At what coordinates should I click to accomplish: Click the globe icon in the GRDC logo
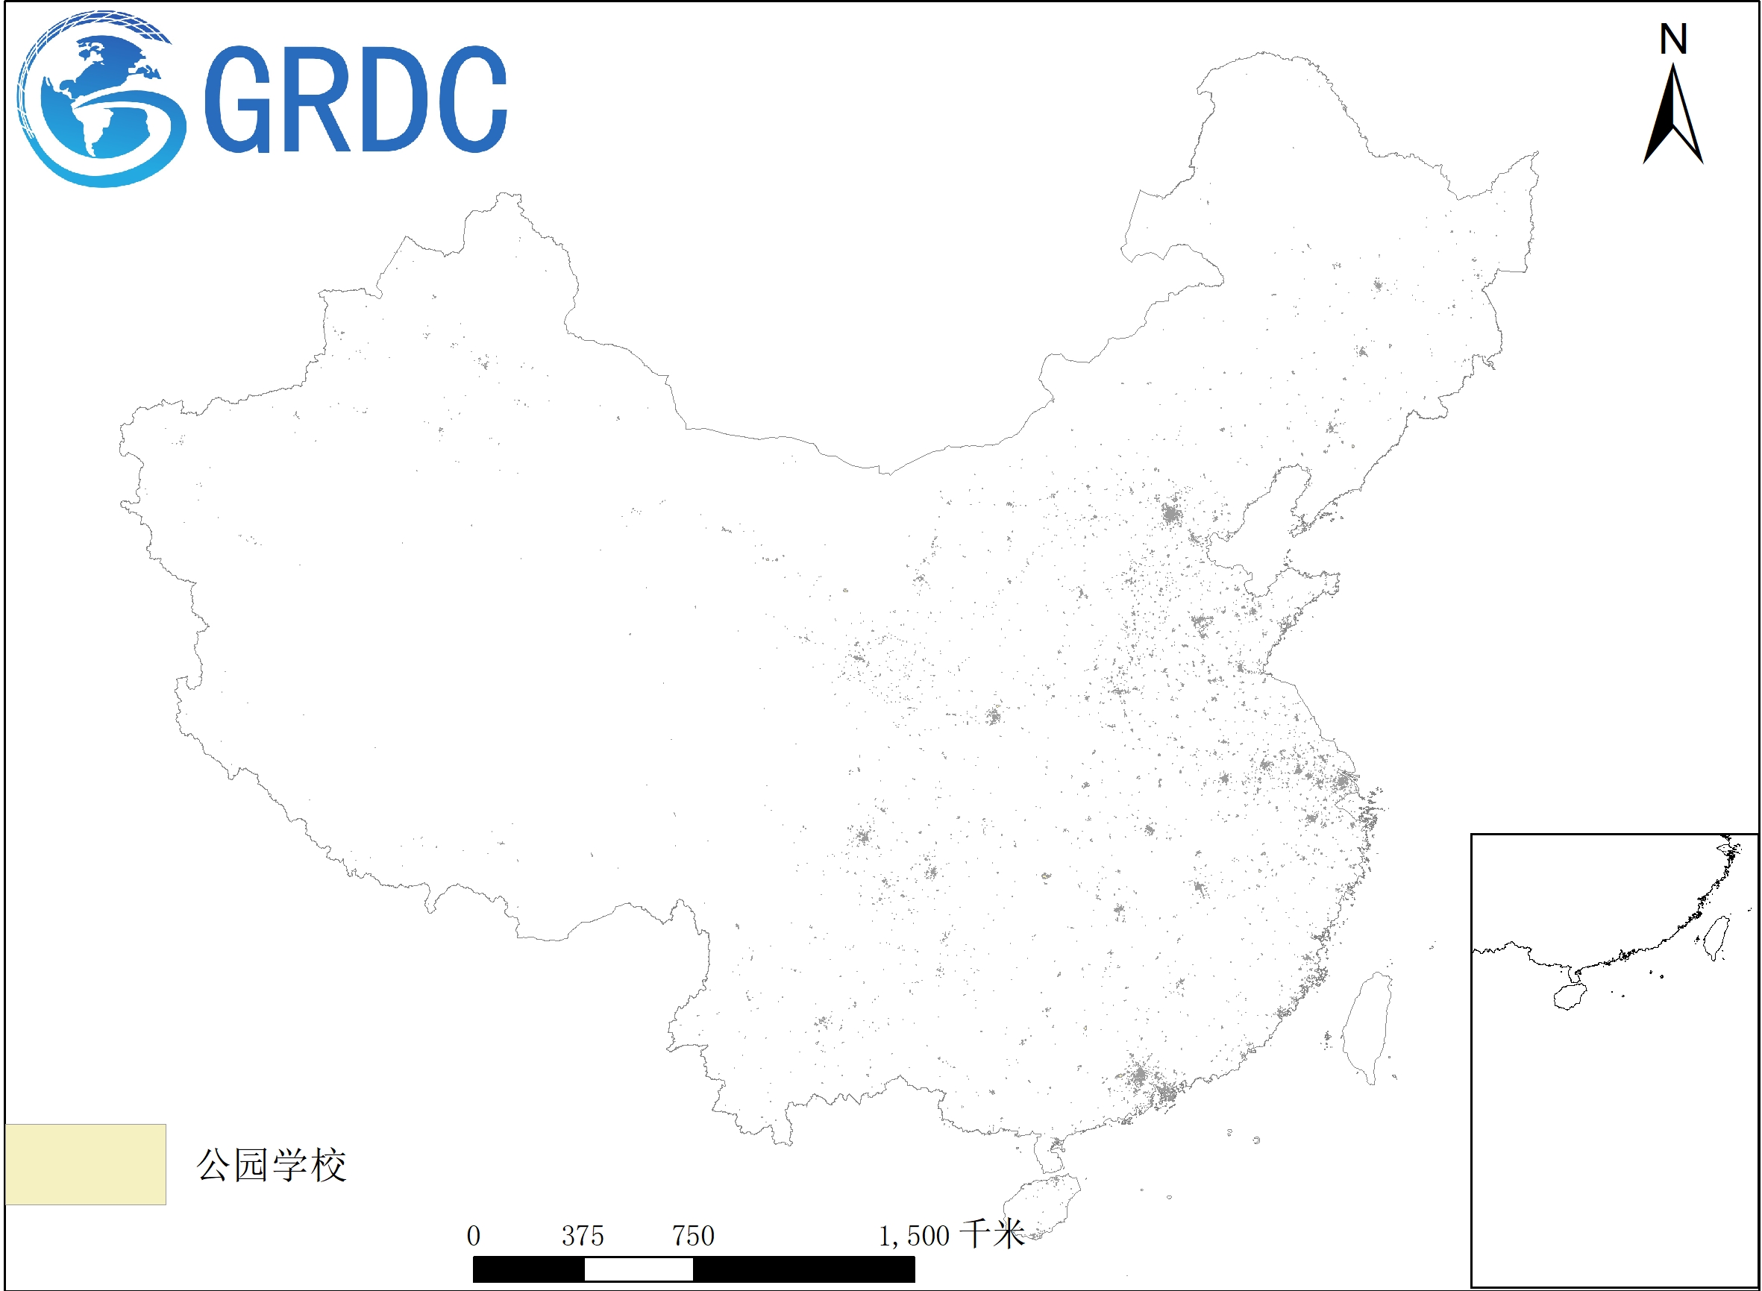(100, 100)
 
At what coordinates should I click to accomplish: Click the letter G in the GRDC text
(238, 99)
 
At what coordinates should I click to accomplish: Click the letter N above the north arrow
(1673, 39)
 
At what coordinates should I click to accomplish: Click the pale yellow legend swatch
(85, 1164)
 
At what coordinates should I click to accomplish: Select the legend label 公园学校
(272, 1165)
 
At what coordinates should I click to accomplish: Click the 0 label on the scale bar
(474, 1237)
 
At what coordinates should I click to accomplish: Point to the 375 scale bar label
(583, 1237)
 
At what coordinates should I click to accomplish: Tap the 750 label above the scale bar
(694, 1237)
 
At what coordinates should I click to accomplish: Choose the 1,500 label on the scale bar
(914, 1237)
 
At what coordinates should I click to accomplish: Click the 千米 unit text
(992, 1235)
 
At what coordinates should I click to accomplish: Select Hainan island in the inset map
(1569, 996)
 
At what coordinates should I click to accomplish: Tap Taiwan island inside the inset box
(1716, 937)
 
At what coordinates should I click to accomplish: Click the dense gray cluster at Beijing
(1170, 514)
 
